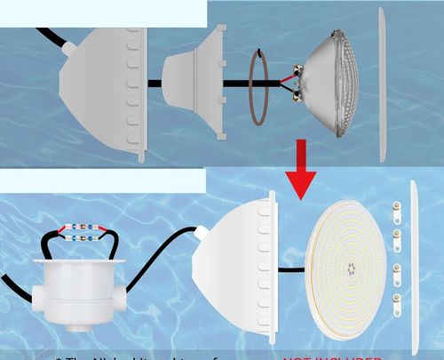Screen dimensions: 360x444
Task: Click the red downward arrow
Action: [302, 173]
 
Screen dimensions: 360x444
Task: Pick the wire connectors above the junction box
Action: [80, 234]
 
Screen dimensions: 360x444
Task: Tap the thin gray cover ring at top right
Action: [382, 84]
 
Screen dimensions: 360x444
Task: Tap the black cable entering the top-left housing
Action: [49, 40]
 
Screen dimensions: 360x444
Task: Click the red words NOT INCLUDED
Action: [333, 356]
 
